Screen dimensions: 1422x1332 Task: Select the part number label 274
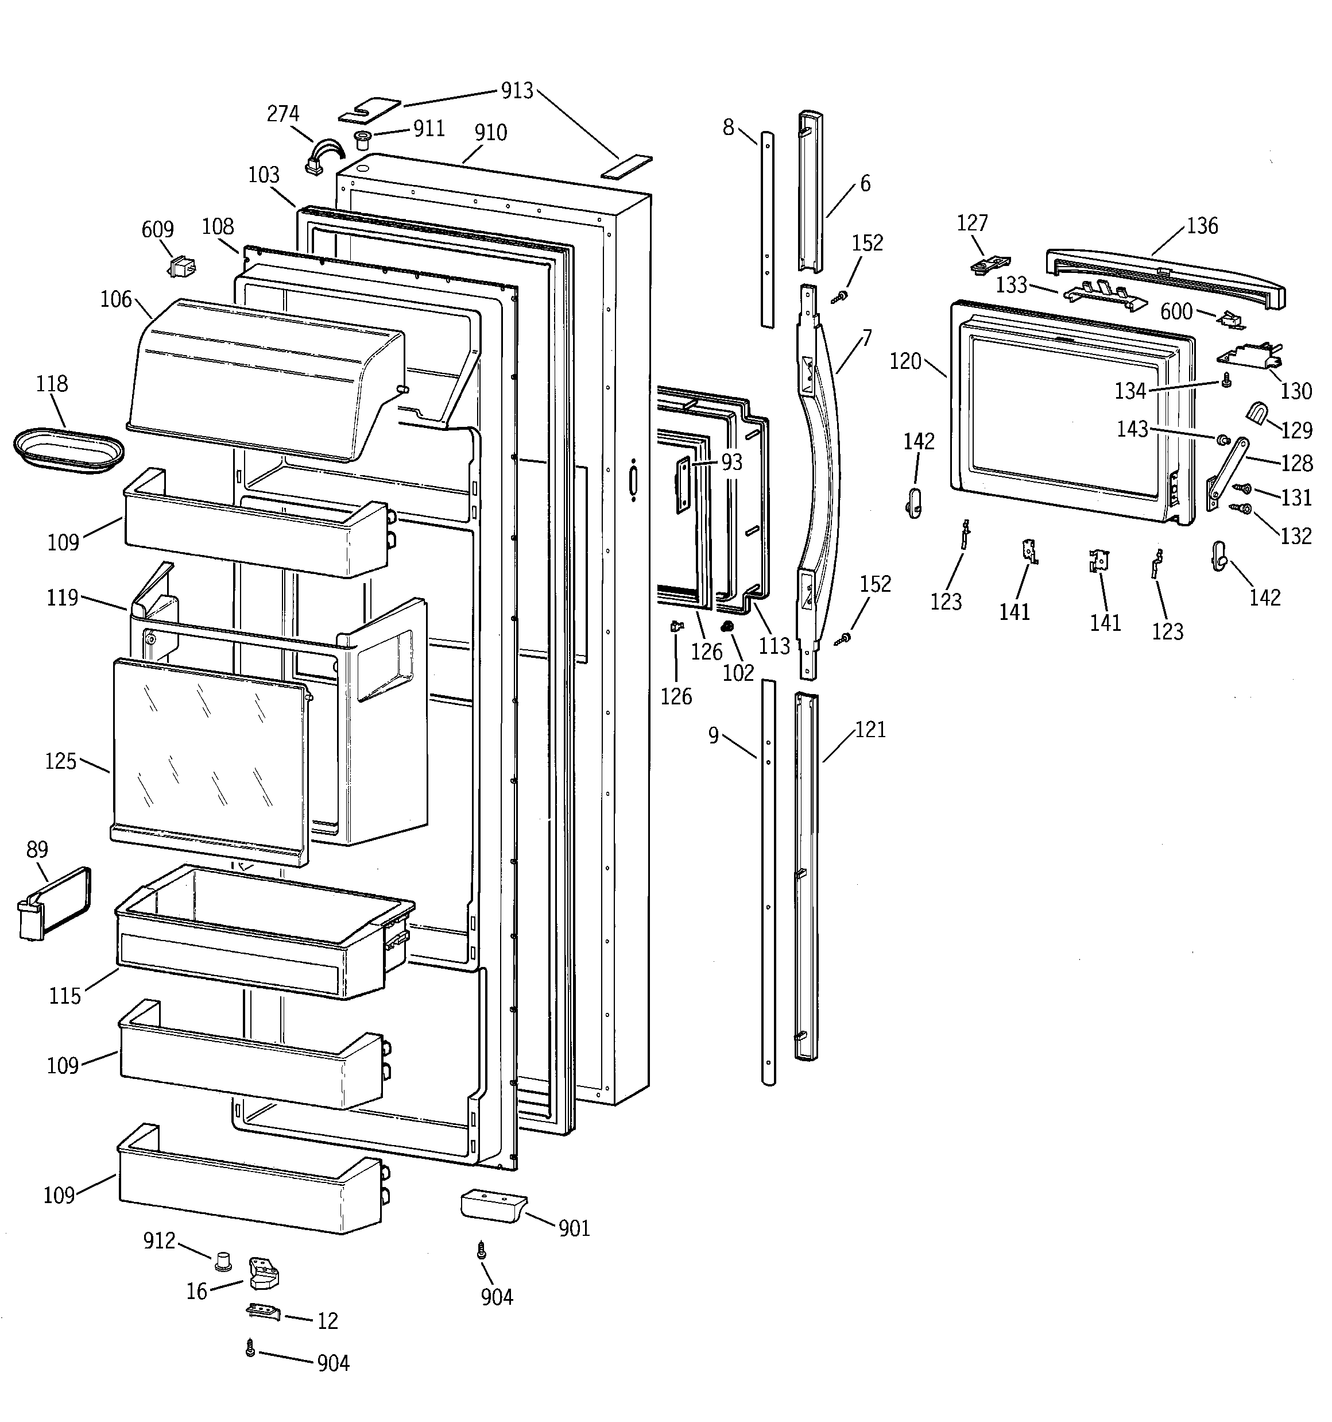point(283,114)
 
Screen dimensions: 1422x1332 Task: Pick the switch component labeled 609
point(180,268)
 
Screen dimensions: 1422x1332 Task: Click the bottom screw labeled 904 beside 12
point(250,1348)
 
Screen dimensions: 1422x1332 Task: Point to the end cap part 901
point(493,1206)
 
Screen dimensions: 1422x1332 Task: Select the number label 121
point(870,730)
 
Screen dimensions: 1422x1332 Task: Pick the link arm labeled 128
point(1227,473)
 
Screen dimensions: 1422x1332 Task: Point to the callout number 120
point(905,362)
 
